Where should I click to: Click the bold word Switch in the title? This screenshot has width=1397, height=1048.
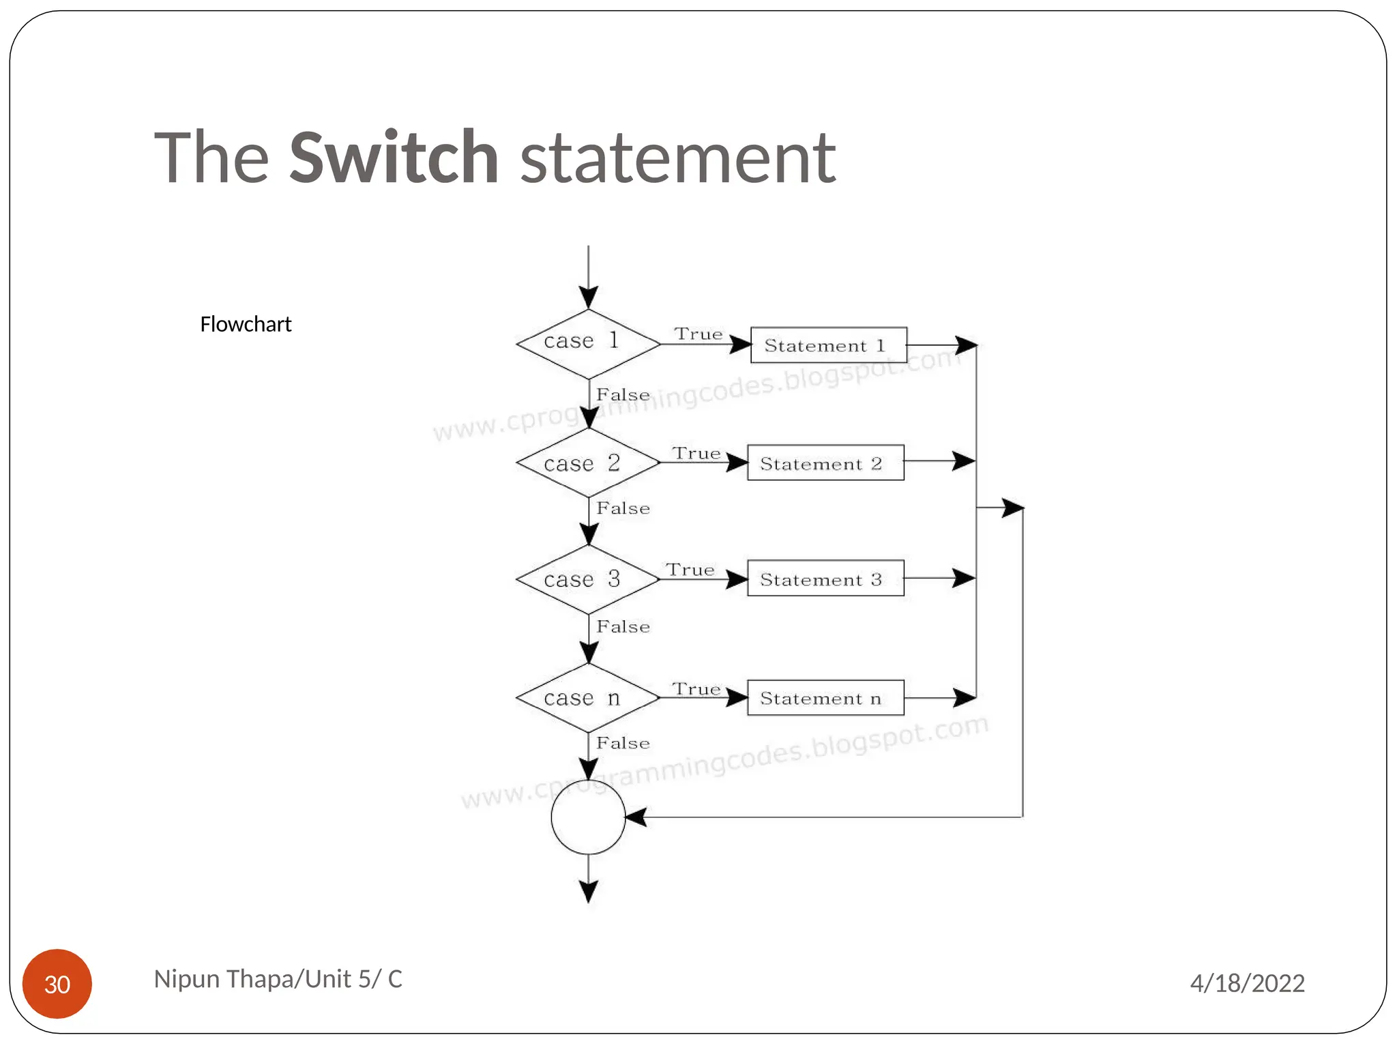tap(394, 158)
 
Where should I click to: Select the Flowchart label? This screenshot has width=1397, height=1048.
tap(246, 324)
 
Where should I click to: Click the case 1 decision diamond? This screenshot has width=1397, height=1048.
tap(588, 344)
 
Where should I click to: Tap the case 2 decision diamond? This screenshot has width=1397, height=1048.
tap(588, 463)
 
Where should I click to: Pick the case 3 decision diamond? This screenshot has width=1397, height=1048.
tap(588, 579)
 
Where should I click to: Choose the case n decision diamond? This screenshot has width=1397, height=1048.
tap(588, 697)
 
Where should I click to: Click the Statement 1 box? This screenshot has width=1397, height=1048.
tap(828, 345)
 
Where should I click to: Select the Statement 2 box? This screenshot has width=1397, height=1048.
tap(825, 463)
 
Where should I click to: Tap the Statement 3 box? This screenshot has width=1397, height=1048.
tap(825, 579)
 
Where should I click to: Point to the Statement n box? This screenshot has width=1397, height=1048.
tap(825, 698)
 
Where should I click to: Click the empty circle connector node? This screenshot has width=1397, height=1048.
tap(588, 817)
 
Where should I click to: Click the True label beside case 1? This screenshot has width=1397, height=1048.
tap(698, 334)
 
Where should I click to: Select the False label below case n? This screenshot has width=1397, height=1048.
tap(623, 743)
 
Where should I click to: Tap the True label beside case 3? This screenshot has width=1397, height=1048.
tap(690, 570)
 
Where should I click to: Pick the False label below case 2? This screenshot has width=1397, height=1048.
tap(623, 508)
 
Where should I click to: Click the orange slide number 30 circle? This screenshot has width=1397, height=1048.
tap(57, 984)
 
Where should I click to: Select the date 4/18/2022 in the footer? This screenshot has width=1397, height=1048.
tap(1247, 983)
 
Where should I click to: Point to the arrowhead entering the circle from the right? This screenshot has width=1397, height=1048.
tap(636, 817)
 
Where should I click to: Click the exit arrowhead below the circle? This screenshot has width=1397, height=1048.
tap(588, 891)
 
